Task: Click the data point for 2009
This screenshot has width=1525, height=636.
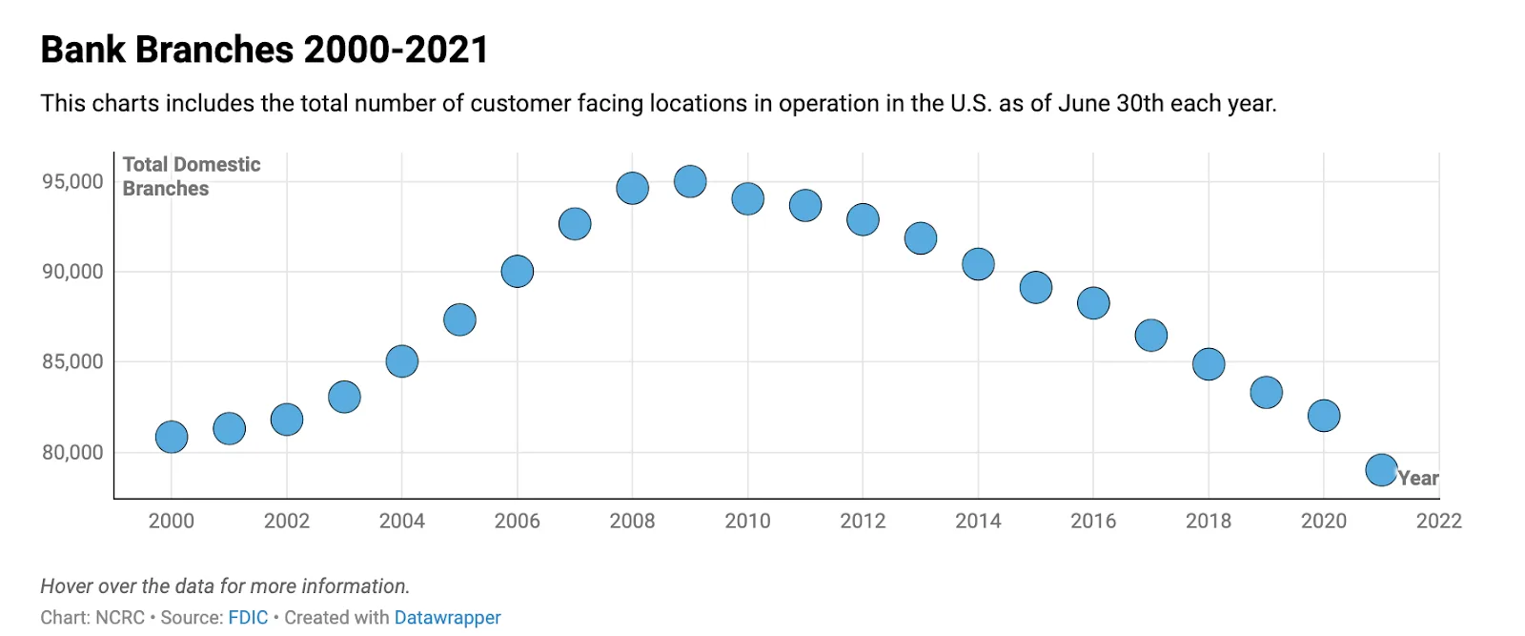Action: click(690, 181)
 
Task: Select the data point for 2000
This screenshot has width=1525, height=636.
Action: click(172, 437)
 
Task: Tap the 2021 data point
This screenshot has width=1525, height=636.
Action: click(1381, 469)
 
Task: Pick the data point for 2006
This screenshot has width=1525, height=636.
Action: click(517, 272)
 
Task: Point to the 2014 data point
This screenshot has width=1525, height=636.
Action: click(978, 264)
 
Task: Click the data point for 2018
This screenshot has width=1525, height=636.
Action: click(1209, 363)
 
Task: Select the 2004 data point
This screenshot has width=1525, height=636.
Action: click(402, 361)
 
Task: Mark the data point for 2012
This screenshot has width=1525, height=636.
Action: click(863, 219)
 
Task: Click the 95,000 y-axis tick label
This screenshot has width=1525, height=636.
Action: click(72, 181)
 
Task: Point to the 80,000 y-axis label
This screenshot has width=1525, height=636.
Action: click(72, 452)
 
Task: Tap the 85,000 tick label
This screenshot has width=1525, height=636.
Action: click(72, 361)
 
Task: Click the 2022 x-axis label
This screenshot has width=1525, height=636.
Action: click(1438, 521)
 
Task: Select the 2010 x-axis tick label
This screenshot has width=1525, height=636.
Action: click(747, 521)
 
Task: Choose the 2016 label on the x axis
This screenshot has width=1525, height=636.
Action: click(1093, 521)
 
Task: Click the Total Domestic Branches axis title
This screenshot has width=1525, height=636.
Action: click(191, 176)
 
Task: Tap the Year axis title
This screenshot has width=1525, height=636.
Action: click(1418, 479)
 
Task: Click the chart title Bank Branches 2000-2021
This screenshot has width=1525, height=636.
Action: click(264, 50)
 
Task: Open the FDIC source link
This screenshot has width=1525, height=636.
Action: click(248, 617)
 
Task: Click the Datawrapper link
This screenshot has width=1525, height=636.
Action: click(447, 617)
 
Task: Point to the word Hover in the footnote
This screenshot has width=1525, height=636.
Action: click(65, 585)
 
